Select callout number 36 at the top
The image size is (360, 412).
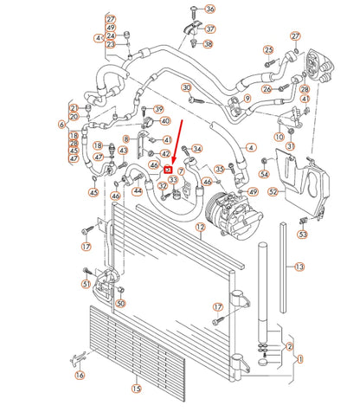pyautogui.click(x=209, y=9)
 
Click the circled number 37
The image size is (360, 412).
pyautogui.click(x=210, y=29)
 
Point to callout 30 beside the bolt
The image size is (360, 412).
pyautogui.click(x=186, y=87)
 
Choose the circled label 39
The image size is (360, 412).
pyautogui.click(x=158, y=108)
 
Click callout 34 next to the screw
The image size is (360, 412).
pyautogui.click(x=196, y=149)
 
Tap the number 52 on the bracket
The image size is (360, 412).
pyautogui.click(x=273, y=191)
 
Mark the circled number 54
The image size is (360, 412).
pyautogui.click(x=264, y=174)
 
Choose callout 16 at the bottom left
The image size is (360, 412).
pyautogui.click(x=80, y=375)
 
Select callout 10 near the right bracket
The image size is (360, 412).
pyautogui.click(x=279, y=137)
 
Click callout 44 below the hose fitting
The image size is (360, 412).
pyautogui.click(x=136, y=190)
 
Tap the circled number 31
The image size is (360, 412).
pyautogui.click(x=291, y=145)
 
